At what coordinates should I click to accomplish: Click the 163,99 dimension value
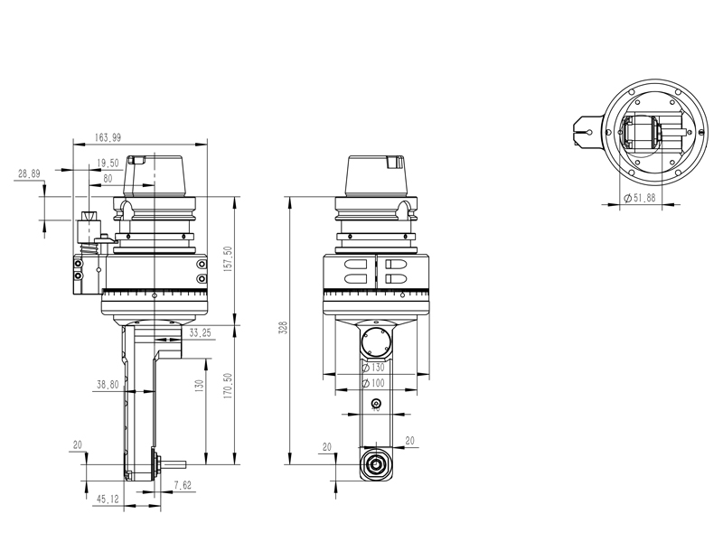point(108,137)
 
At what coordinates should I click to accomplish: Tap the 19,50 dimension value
point(108,164)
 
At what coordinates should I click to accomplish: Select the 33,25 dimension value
point(200,333)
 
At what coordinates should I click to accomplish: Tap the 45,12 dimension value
point(108,499)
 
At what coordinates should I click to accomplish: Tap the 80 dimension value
point(108,178)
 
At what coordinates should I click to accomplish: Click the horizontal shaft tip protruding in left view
point(179,466)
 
